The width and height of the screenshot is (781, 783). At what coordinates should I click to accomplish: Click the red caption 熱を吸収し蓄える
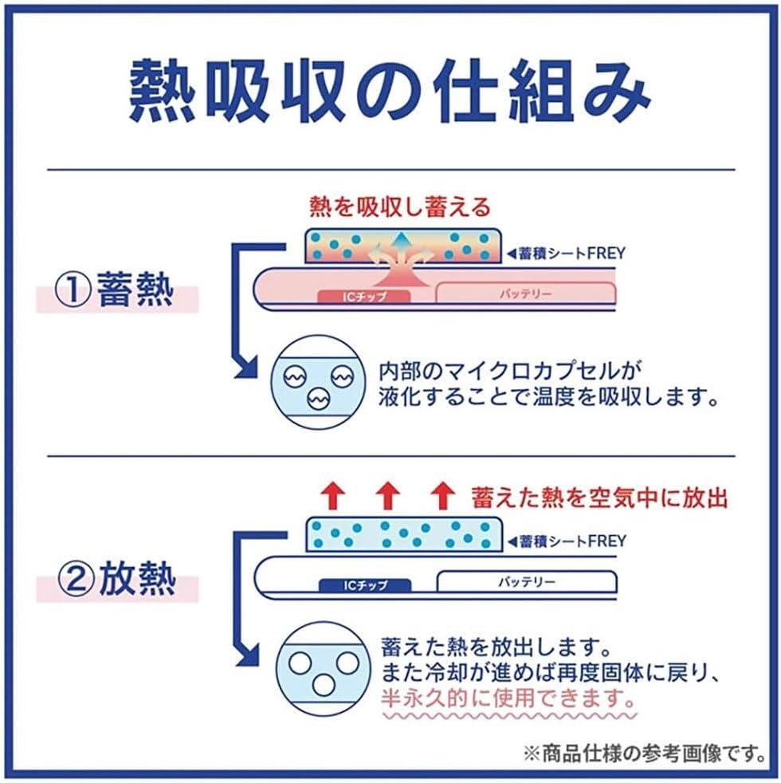pos(399,208)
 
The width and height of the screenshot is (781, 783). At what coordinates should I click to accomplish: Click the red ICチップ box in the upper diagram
pos(364,296)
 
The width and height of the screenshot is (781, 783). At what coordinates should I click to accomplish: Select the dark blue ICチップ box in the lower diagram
pos(364,585)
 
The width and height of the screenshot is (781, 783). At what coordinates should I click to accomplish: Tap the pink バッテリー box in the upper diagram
pos(525,293)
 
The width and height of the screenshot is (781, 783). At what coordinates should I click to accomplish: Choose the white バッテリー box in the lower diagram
pos(525,582)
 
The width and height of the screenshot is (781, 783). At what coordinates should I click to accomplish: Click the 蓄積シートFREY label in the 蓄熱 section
pos(566,254)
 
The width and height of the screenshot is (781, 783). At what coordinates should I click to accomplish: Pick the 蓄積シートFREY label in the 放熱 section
pos(566,541)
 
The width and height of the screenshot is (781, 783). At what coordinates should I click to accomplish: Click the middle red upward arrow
pos(387,497)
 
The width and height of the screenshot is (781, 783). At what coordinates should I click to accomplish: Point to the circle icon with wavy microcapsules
pos(320,381)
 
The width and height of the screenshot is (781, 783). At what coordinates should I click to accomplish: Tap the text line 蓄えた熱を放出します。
pos(496,643)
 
